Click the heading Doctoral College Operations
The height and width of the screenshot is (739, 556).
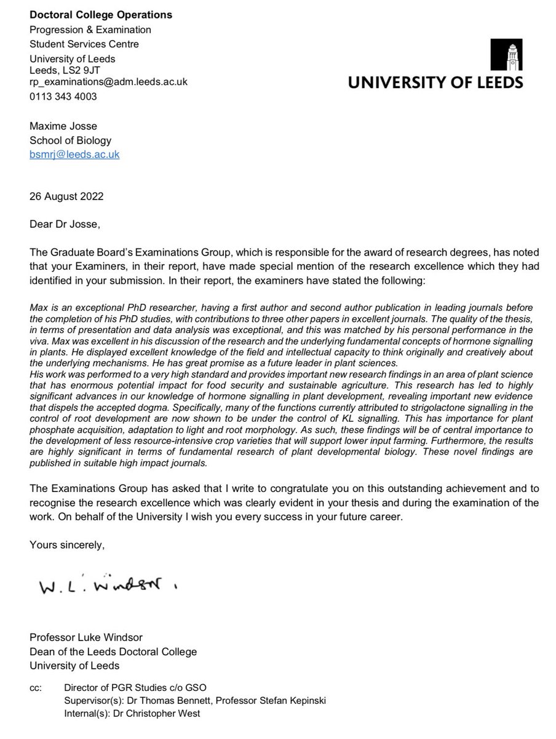[101, 15]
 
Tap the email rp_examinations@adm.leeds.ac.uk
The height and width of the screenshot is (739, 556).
[109, 81]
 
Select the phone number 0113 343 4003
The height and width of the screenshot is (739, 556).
[64, 97]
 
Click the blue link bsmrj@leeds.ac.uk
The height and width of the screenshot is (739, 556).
[75, 154]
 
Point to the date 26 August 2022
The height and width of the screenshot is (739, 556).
[67, 197]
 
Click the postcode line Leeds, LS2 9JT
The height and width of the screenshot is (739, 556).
[66, 70]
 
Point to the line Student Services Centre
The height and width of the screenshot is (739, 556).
[84, 44]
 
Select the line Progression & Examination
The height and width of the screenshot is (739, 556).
[90, 30]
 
